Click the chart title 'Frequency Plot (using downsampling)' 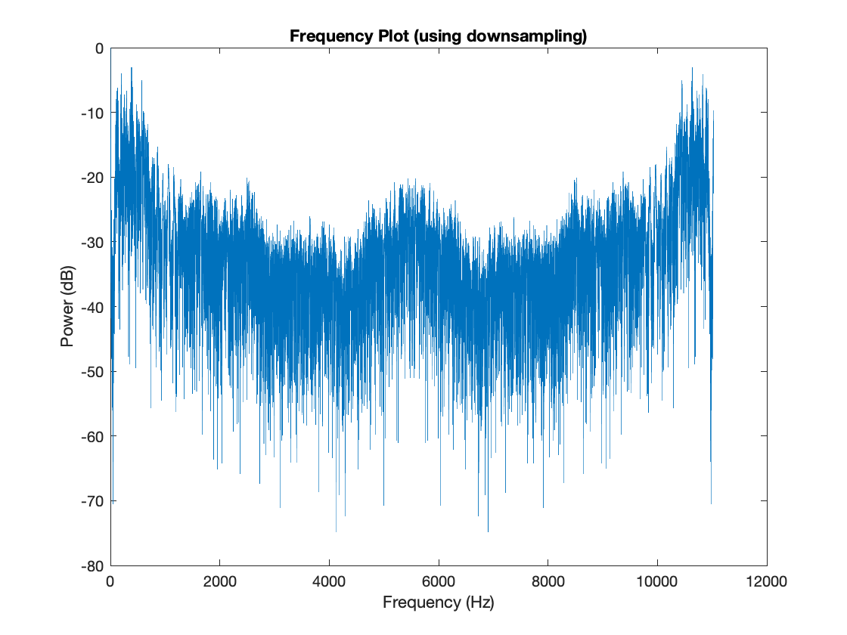tap(438, 36)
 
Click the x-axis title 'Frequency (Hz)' tap(438, 602)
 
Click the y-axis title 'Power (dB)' tap(67, 307)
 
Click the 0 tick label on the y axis tap(98, 48)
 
